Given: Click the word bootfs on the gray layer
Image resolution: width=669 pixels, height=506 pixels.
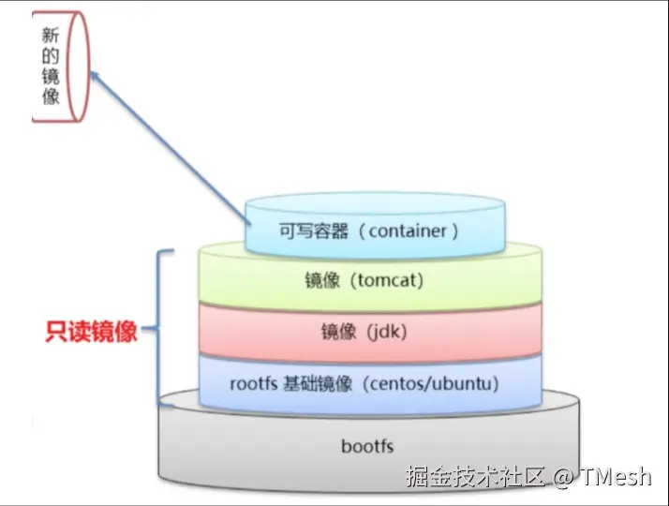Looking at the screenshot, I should [x=367, y=446].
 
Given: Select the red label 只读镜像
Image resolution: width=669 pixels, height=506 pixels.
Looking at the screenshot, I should [x=92, y=333].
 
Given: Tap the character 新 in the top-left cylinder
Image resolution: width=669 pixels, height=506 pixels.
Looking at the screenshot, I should [x=51, y=36].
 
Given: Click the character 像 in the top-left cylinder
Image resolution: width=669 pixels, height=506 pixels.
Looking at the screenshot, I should [x=51, y=96].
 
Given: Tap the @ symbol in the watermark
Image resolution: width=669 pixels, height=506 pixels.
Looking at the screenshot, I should [x=561, y=477].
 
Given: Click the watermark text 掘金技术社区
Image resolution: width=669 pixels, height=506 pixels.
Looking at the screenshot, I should [x=475, y=477].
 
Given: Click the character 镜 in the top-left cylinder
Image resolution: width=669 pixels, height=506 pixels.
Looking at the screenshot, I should [x=51, y=76].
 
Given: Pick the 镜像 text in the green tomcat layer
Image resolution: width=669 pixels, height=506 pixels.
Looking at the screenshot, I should [x=321, y=279].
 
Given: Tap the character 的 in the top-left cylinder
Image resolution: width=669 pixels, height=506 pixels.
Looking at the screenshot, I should [x=51, y=55].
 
